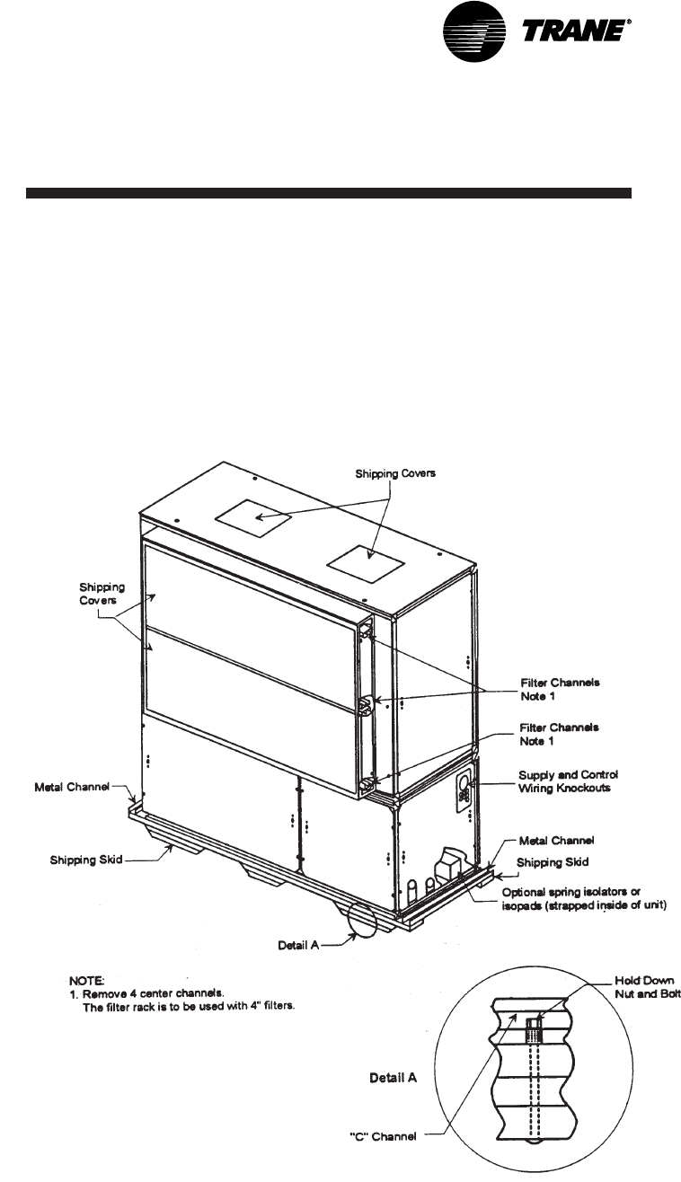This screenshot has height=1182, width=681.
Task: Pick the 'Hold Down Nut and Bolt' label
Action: tap(647, 988)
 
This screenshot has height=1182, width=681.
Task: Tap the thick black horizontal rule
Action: tap(329, 193)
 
